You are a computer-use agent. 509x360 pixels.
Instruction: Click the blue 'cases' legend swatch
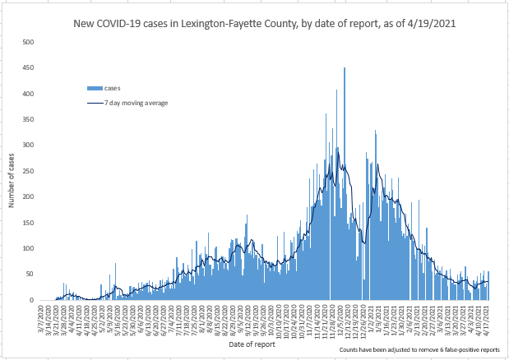point(95,88)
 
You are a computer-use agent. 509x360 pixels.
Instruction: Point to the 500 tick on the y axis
point(28,42)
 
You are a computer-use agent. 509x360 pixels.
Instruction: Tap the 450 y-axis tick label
point(28,67)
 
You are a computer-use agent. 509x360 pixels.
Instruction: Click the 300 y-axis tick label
point(28,145)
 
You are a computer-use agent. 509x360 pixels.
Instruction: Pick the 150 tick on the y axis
point(28,223)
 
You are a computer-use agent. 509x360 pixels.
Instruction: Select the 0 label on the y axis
point(31,300)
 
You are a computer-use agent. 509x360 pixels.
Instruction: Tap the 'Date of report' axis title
point(252,344)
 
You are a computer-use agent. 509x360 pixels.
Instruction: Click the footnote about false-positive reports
point(419,350)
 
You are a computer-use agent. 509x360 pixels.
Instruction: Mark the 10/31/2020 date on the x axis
point(300,317)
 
